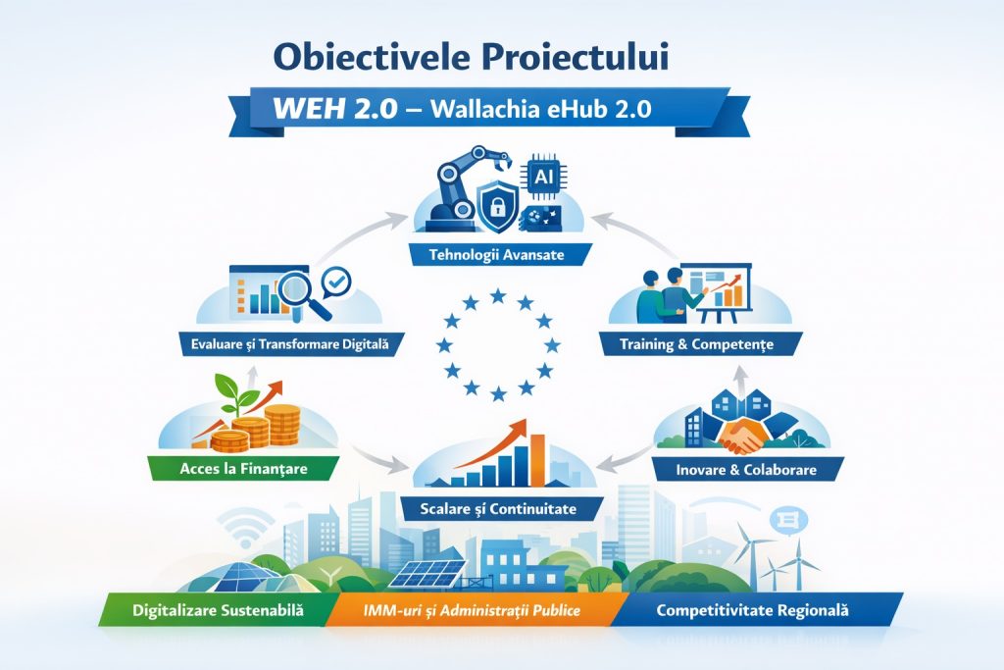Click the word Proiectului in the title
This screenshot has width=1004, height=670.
click(575, 56)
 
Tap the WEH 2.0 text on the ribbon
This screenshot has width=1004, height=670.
click(335, 108)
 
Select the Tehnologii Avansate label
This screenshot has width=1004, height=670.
click(497, 254)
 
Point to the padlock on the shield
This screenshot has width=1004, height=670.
click(497, 206)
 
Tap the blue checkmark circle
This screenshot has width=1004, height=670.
click(337, 281)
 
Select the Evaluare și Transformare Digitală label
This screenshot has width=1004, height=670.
click(289, 344)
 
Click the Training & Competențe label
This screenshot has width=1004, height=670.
click(697, 344)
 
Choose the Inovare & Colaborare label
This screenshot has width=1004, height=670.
click(746, 470)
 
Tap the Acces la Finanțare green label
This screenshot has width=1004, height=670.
click(243, 468)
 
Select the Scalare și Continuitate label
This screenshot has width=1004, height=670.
click(498, 509)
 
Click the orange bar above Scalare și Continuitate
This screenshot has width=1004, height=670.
click(537, 460)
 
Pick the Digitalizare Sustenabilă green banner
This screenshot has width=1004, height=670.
click(219, 610)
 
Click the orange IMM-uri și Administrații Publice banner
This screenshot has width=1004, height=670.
click(472, 610)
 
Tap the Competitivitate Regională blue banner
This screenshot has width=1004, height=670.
click(753, 610)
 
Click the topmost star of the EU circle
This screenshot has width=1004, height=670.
click(498, 296)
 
